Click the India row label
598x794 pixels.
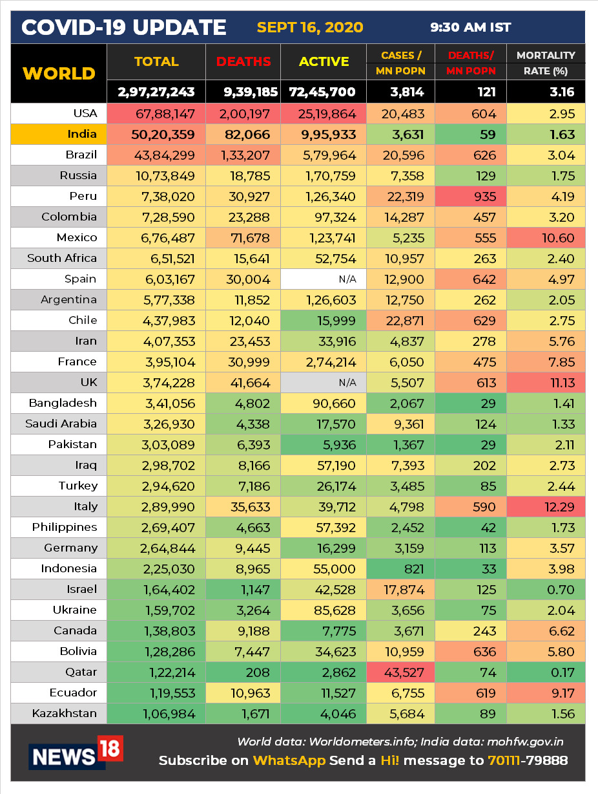click(x=81, y=134)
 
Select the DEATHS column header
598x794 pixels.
click(x=243, y=62)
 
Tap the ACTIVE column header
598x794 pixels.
click(x=324, y=62)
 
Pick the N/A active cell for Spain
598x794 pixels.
click(x=347, y=279)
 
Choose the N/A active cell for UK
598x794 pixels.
click(x=347, y=383)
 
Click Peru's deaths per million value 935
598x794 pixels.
click(x=484, y=197)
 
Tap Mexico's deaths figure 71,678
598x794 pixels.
click(x=251, y=238)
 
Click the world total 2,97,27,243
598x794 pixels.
click(x=156, y=92)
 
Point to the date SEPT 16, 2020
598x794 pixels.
click(x=310, y=28)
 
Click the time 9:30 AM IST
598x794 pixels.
click(x=471, y=28)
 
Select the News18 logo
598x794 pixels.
click(x=76, y=753)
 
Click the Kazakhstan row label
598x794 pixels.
click(x=65, y=714)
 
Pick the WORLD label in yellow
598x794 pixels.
click(x=59, y=73)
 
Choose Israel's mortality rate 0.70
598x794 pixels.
click(x=561, y=590)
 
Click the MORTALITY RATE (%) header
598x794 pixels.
click(x=546, y=63)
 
